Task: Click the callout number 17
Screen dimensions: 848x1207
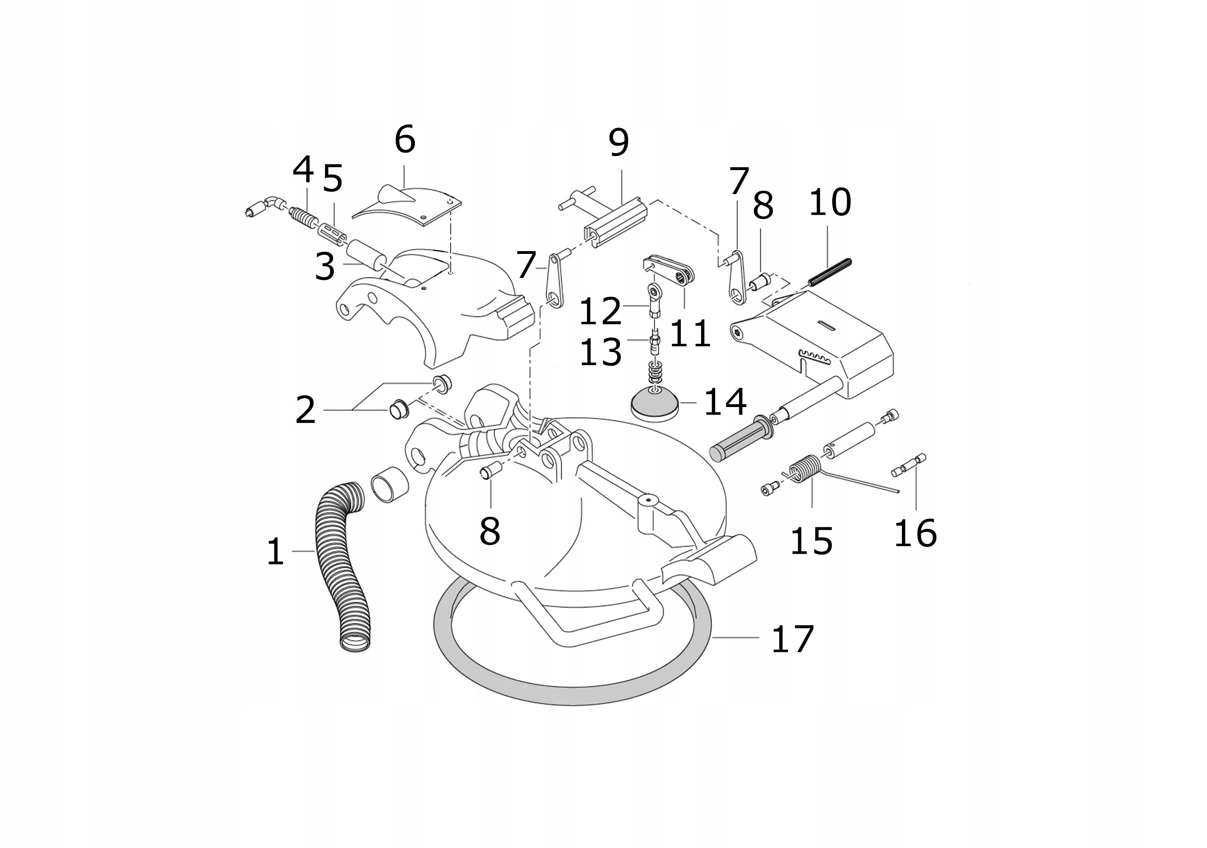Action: coord(792,639)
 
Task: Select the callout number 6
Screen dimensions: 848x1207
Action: coord(405,139)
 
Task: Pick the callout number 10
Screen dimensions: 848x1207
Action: coord(829,202)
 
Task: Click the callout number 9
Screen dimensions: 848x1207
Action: coord(619,142)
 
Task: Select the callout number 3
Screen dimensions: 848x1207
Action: coord(325,266)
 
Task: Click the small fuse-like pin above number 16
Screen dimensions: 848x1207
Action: coord(909,465)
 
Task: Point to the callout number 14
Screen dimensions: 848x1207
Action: coord(725,402)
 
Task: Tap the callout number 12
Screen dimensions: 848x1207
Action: coord(600,311)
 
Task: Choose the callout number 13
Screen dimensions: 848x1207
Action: coord(600,351)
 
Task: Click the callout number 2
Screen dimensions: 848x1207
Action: coord(306,410)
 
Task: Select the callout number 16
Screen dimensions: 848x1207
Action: coord(915,533)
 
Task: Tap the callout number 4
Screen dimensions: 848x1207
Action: coord(303,170)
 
